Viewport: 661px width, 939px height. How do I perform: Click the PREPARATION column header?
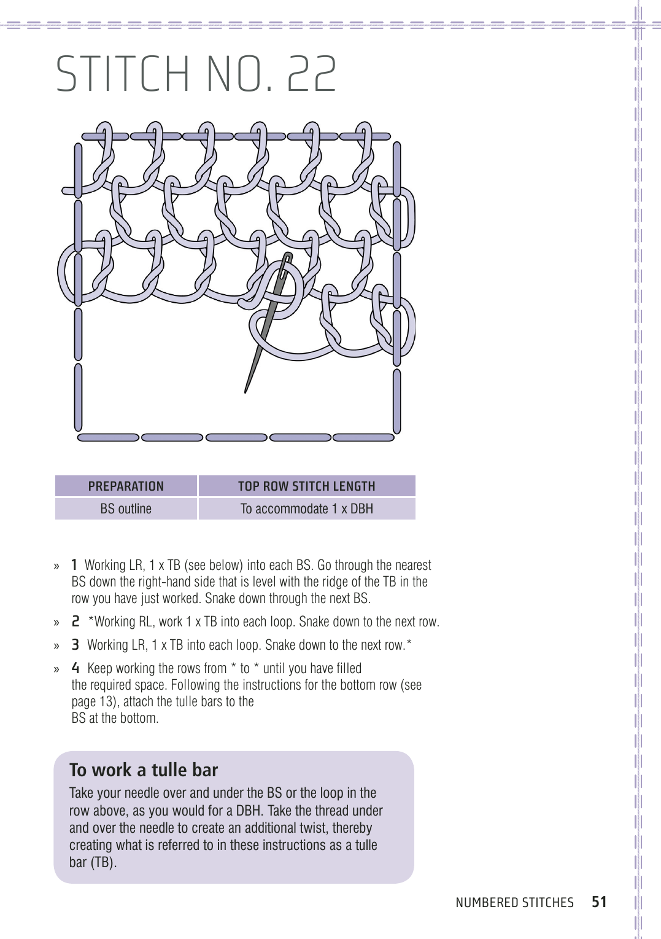(126, 486)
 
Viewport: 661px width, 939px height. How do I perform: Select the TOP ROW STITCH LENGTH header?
(306, 486)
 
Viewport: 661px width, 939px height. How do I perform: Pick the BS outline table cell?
(126, 508)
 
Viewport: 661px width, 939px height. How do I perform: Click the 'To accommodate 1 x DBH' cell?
(306, 508)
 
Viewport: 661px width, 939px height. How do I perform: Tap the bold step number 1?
(74, 565)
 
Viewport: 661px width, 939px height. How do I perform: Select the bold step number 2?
(75, 621)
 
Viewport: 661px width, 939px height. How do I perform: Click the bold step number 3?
(75, 645)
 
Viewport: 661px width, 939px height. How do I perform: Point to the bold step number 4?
(75, 668)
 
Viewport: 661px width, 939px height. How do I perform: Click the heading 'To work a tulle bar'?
(144, 770)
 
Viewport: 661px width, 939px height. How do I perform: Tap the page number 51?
(599, 902)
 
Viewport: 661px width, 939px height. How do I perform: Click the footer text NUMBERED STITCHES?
(514, 902)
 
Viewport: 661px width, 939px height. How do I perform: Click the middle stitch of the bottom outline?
(236, 437)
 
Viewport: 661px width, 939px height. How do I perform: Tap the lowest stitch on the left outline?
(78, 398)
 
